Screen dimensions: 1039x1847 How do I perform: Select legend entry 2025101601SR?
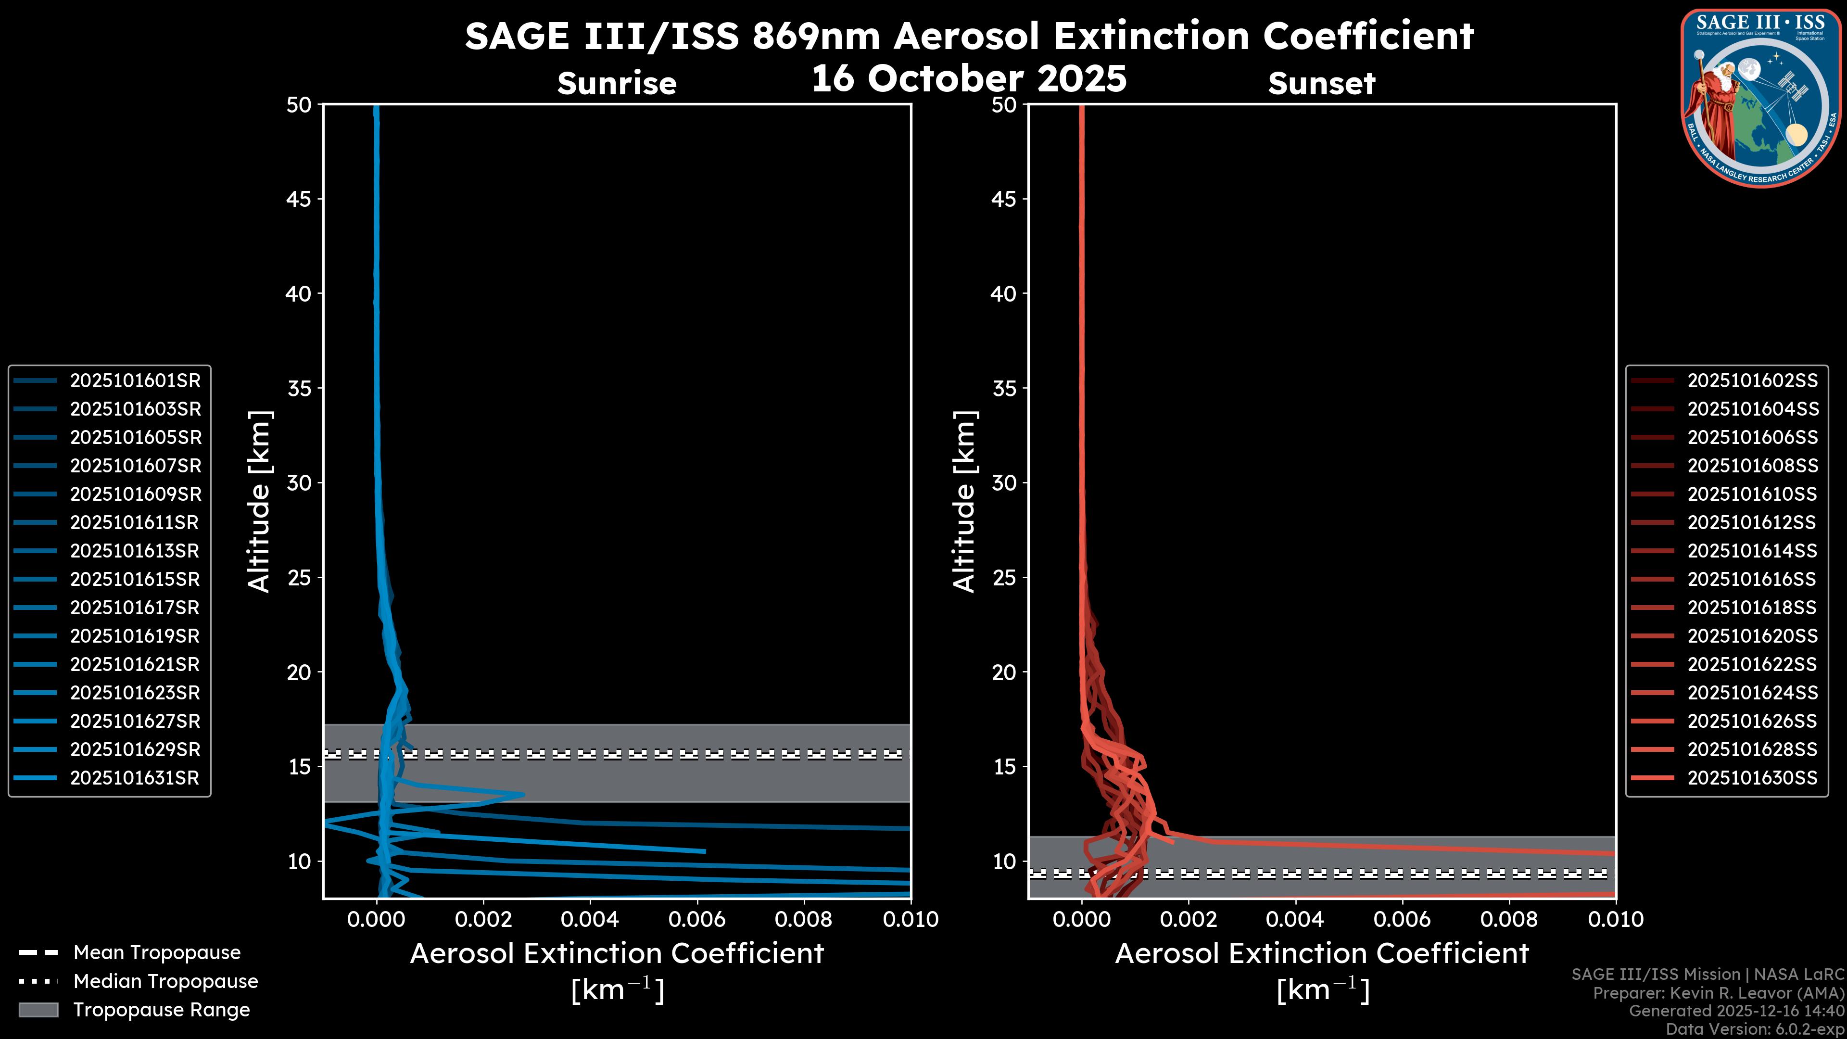tap(135, 381)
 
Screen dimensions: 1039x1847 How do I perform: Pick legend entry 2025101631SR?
tap(134, 778)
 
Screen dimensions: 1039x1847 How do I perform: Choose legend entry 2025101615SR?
tap(135, 579)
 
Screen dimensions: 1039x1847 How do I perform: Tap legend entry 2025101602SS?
tap(1752, 381)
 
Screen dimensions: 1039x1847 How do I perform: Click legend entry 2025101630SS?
tap(1752, 778)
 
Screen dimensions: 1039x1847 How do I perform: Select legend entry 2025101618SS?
tap(1752, 608)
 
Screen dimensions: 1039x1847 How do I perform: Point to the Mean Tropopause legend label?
tap(157, 953)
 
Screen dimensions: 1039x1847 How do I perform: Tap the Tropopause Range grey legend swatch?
tap(38, 1010)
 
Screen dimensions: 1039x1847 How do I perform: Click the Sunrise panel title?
tap(617, 84)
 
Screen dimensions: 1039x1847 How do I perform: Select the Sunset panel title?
tap(1321, 84)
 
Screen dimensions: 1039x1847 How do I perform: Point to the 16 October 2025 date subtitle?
tap(969, 78)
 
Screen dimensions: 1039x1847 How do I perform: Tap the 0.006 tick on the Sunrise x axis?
tap(696, 919)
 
